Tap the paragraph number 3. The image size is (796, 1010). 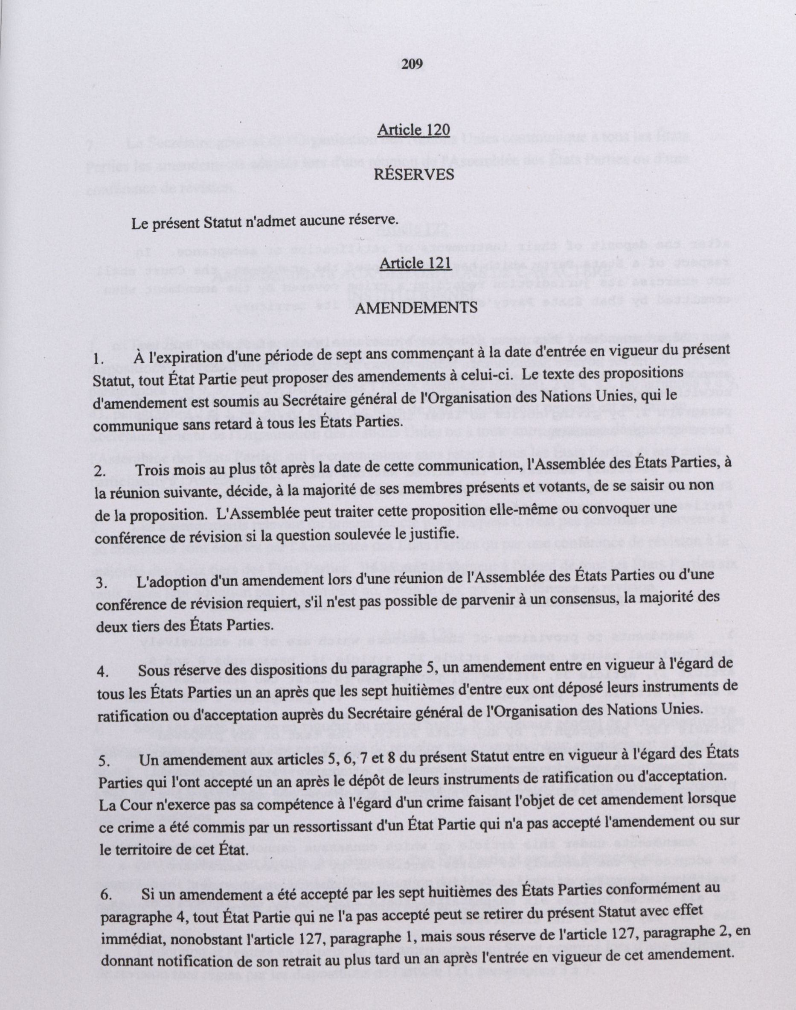(100, 584)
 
